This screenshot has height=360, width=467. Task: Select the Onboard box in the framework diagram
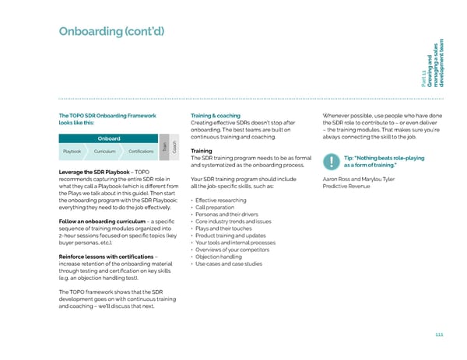[108, 138]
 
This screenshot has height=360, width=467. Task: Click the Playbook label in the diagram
[72, 152]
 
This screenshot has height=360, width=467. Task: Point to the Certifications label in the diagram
[141, 152]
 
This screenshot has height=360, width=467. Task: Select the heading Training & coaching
[215, 116]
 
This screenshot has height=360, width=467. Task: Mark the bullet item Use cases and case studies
[230, 264]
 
